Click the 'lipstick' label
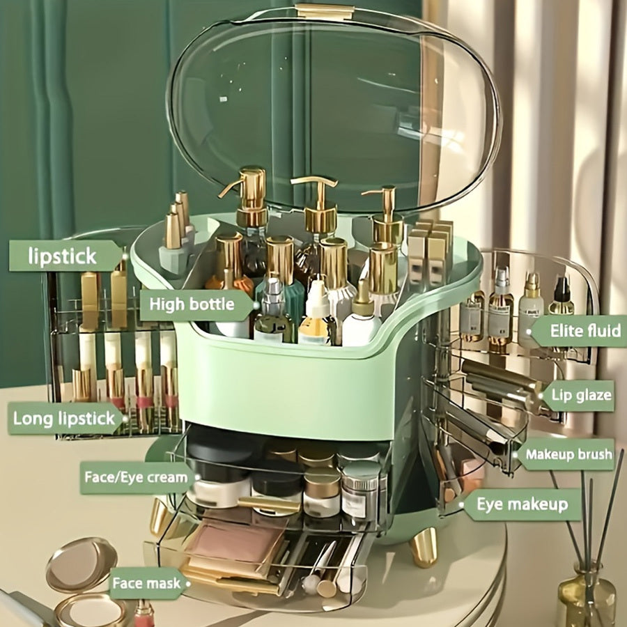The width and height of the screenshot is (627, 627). pyautogui.click(x=63, y=256)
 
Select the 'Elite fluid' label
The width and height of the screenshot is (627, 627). pyautogui.click(x=575, y=330)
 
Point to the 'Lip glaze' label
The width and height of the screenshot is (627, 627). pyautogui.click(x=580, y=396)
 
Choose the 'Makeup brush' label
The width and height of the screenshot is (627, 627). pyautogui.click(x=568, y=455)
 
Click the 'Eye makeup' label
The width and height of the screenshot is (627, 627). pyautogui.click(x=522, y=504)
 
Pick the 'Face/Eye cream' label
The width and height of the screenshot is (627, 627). pyautogui.click(x=136, y=477)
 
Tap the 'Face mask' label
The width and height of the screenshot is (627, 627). pyautogui.click(x=146, y=583)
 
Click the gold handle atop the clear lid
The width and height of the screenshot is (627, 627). pyautogui.click(x=324, y=11)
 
